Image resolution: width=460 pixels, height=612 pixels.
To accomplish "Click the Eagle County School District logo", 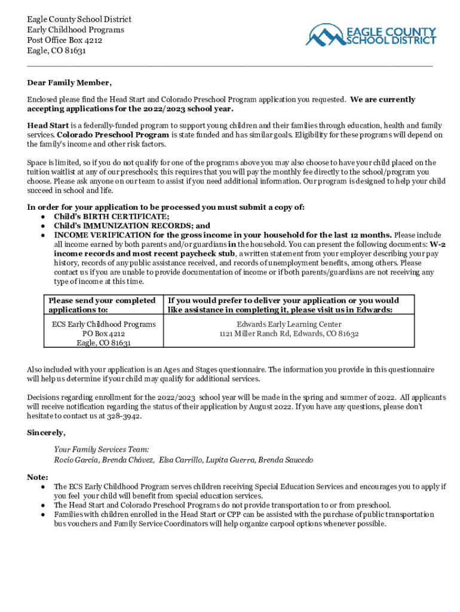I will click(x=370, y=35).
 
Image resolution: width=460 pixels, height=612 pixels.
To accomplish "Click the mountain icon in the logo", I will click(x=326, y=35).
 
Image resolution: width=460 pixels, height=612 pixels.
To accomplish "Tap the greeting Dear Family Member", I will click(x=69, y=82).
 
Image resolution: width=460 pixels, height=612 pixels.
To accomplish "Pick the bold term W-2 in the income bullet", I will click(x=438, y=244).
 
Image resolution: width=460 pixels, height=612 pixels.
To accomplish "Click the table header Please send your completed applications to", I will click(x=102, y=305).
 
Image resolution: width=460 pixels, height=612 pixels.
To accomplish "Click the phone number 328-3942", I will click(x=125, y=416).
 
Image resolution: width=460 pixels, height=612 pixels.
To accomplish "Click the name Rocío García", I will click(x=76, y=460).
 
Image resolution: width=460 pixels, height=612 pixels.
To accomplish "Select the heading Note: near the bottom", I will click(x=38, y=477).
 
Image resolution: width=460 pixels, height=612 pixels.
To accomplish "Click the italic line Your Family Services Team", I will click(x=102, y=449).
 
